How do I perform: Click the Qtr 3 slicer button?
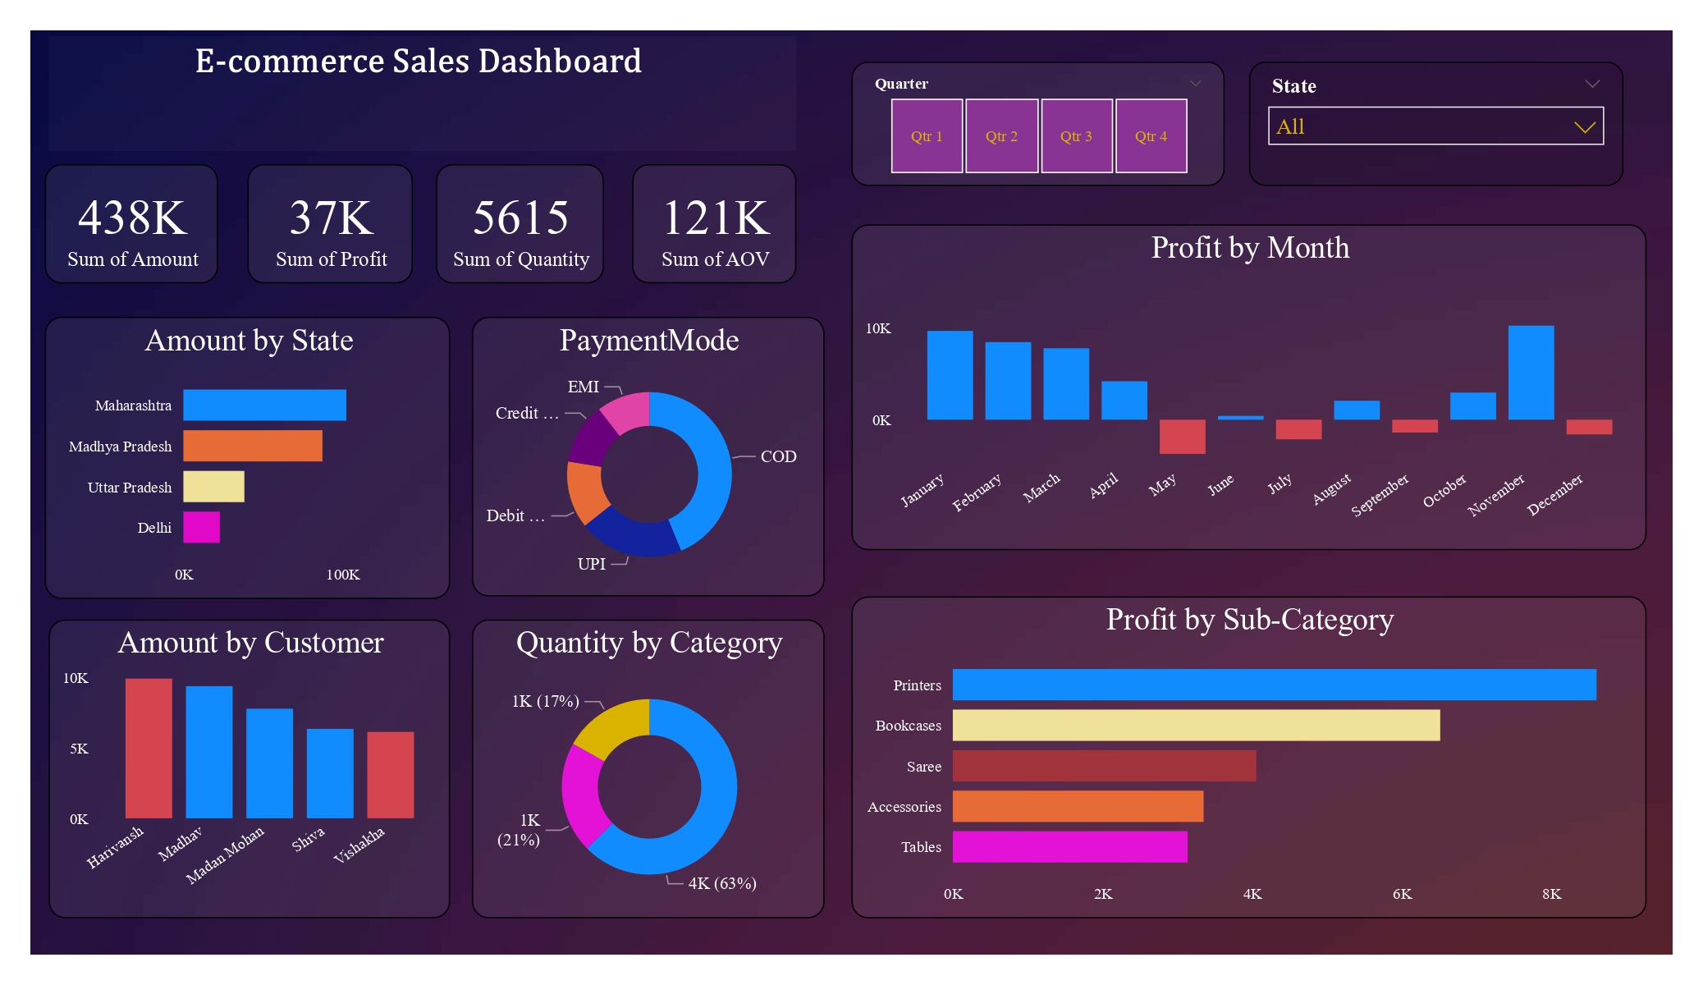(x=1076, y=136)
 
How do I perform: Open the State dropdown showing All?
(x=1435, y=126)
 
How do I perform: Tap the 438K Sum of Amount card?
(x=132, y=224)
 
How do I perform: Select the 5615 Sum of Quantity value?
(x=520, y=218)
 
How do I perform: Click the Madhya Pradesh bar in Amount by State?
(x=252, y=446)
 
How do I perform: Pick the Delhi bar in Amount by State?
(x=201, y=527)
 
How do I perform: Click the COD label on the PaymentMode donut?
(x=778, y=456)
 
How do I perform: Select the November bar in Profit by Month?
(x=1531, y=373)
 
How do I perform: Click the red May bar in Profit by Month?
(x=1182, y=436)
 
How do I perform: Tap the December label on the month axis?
(x=1554, y=495)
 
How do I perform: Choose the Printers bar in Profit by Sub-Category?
(x=1274, y=685)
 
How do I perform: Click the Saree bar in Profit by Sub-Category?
(x=1104, y=766)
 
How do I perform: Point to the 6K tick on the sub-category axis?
(x=1402, y=894)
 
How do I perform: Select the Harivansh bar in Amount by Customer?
(x=149, y=748)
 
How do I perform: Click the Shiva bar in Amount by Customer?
(x=330, y=773)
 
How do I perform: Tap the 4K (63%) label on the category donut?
(x=722, y=883)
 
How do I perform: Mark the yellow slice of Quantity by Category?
(x=611, y=726)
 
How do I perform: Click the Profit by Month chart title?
(x=1249, y=248)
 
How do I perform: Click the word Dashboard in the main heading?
(x=560, y=62)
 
